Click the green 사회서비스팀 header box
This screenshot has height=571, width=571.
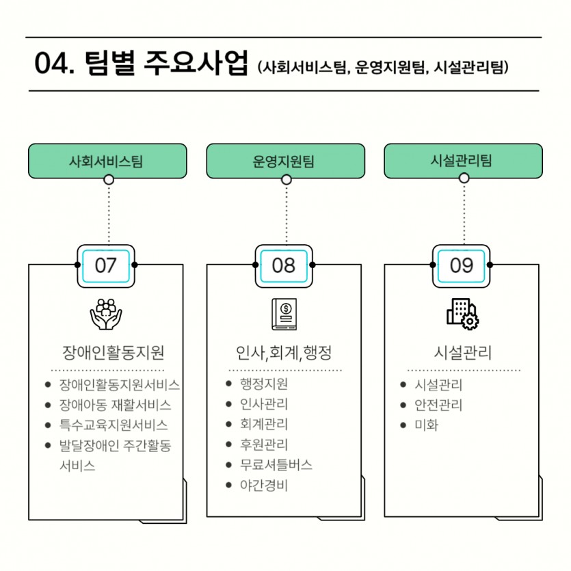(x=107, y=161)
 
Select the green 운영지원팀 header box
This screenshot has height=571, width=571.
(x=286, y=161)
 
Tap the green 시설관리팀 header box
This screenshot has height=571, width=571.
(x=463, y=161)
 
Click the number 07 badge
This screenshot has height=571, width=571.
(x=106, y=266)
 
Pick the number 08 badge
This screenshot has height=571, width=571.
(x=284, y=266)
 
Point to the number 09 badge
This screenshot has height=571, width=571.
(x=462, y=266)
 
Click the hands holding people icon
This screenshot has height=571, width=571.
(x=106, y=315)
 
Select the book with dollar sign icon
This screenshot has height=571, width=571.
(x=284, y=315)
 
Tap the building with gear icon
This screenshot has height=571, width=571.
(x=462, y=315)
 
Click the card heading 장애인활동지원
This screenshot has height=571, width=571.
(x=114, y=352)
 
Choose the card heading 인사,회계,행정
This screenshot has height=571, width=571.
(x=284, y=352)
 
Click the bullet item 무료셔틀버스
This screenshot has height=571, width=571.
(x=276, y=465)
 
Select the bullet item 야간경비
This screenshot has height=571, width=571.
(x=264, y=485)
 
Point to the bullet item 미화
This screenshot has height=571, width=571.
(x=427, y=425)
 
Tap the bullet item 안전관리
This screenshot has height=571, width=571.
(x=438, y=405)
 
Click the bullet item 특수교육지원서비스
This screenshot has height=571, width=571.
(x=114, y=425)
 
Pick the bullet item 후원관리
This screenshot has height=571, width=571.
(x=264, y=444)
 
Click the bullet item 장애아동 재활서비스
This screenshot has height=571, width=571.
(x=115, y=405)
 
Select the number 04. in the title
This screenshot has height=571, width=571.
(x=54, y=64)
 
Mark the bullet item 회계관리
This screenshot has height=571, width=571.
(x=264, y=424)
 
